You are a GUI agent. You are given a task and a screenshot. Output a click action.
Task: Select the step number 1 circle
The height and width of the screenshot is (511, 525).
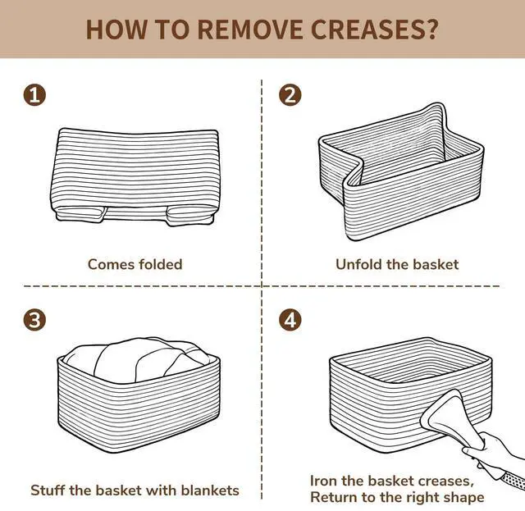click(x=34, y=95)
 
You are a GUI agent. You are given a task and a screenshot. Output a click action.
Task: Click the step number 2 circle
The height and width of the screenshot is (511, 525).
click(x=290, y=95)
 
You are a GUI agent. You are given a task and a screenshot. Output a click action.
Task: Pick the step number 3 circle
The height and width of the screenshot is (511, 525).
click(x=34, y=320)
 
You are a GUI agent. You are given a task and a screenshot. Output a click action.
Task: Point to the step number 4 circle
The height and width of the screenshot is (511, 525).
click(x=290, y=320)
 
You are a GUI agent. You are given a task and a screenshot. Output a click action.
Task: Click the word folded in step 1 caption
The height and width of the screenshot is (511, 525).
click(x=161, y=264)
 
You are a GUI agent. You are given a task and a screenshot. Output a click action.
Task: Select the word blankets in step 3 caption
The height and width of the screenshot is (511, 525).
click(x=210, y=490)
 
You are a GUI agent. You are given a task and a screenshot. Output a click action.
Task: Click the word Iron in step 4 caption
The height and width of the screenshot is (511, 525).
click(x=323, y=481)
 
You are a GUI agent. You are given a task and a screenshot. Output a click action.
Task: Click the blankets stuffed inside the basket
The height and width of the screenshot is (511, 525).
click(x=137, y=360)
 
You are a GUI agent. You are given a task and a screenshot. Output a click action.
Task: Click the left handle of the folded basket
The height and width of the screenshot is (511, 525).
click(x=80, y=213)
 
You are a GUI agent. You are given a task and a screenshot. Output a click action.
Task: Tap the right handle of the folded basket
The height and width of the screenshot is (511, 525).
click(x=190, y=217)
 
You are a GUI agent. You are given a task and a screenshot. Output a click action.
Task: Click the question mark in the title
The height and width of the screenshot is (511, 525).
click(x=432, y=30)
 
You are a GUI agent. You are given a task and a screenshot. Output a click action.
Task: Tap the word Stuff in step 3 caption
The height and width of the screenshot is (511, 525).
click(x=48, y=490)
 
